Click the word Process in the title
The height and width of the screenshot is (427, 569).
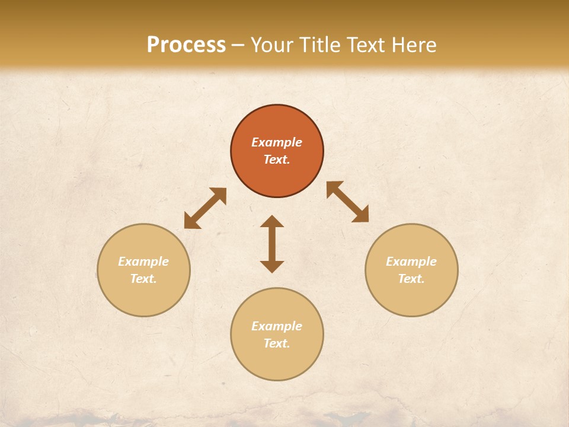pos(186,45)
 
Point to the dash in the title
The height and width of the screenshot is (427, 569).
pos(238,46)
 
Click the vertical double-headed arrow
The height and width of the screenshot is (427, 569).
pos(272,244)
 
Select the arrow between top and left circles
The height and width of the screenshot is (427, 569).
pos(205,208)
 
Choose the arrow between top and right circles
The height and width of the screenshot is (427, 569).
pos(347,202)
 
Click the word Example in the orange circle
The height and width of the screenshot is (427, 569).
pos(277,142)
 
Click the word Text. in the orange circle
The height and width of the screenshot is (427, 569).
pos(277,160)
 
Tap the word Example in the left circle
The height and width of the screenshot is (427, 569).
pos(143,262)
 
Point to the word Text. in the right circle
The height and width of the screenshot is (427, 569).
pos(411,279)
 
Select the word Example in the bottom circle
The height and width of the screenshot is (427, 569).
pos(277,326)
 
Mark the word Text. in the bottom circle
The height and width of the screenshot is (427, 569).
pos(277,343)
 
